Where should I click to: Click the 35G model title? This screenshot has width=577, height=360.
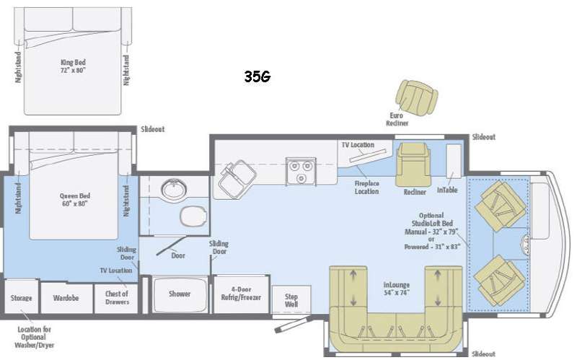click(x=257, y=76)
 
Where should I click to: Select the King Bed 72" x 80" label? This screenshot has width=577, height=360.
click(x=73, y=66)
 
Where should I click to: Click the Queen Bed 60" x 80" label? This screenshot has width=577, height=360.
click(x=75, y=200)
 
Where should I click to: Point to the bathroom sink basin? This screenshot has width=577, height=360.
click(x=175, y=190)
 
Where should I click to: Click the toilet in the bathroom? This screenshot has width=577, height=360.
click(x=193, y=216)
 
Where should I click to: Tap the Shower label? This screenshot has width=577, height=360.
click(x=180, y=294)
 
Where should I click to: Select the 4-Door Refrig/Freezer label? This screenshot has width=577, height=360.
click(x=241, y=294)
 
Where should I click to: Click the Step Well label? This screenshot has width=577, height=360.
click(x=291, y=300)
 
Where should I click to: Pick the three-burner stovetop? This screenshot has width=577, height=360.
click(x=301, y=172)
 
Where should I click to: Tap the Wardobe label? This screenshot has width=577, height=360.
click(x=66, y=298)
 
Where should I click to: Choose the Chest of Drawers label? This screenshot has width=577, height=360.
click(x=117, y=298)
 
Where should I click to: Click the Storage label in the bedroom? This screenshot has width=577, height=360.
click(x=21, y=298)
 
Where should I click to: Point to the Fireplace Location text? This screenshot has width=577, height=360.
click(x=366, y=188)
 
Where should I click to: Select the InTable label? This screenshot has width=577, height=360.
click(x=447, y=190)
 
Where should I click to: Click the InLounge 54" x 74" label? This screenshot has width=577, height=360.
click(x=396, y=289)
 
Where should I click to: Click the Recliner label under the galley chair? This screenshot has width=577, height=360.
click(x=415, y=192)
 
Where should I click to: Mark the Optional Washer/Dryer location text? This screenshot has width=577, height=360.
click(x=34, y=337)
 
